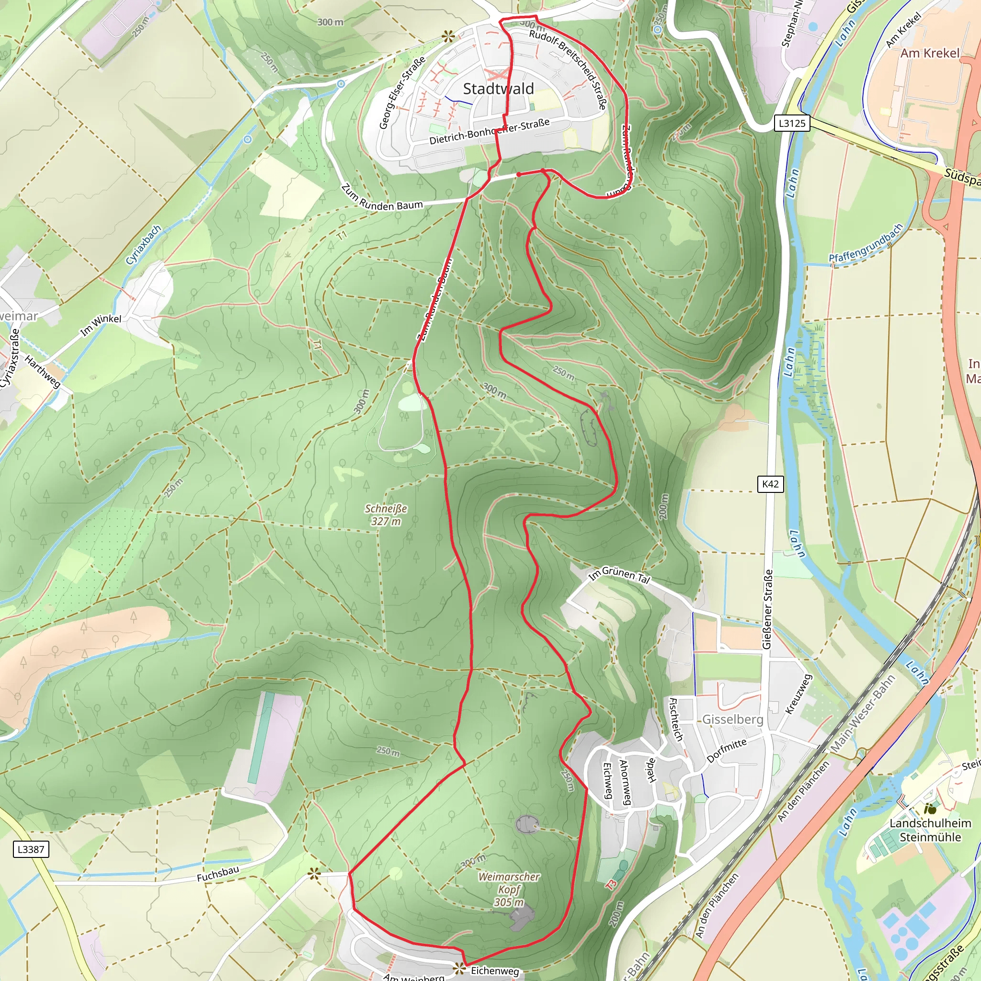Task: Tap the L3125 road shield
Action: (792, 123)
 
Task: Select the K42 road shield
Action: (770, 484)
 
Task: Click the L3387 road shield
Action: (31, 849)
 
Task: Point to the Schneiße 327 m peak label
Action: (386, 515)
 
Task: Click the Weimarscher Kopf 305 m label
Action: (509, 889)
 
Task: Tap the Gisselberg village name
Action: (733, 719)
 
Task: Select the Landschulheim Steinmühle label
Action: (930, 830)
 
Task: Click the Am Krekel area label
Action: (930, 53)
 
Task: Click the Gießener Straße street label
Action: (767, 609)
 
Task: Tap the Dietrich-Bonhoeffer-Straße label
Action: (490, 131)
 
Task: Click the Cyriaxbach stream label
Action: (143, 244)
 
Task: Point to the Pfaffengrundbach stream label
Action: (866, 243)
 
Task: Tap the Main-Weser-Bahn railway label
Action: (863, 714)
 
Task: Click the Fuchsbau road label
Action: (218, 874)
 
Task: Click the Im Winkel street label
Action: (101, 325)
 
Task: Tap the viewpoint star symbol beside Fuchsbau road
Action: (314, 873)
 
